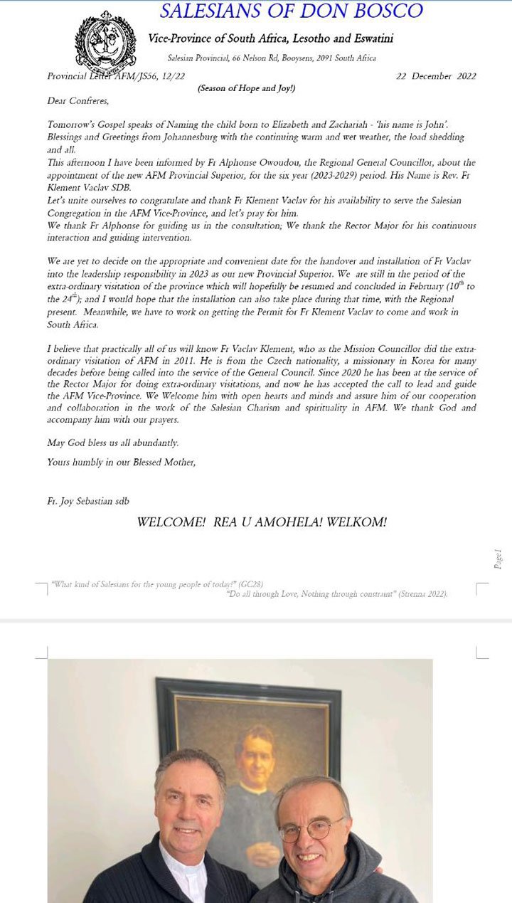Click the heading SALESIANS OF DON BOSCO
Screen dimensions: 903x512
[291, 11]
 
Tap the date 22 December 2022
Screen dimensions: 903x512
[436, 76]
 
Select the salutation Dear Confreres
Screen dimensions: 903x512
[73, 101]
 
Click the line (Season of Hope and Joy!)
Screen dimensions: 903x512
[246, 88]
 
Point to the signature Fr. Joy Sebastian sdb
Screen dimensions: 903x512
[89, 502]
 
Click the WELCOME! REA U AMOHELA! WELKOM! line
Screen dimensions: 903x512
[262, 522]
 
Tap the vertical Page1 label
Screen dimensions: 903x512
[498, 559]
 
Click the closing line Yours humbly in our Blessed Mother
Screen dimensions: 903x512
[121, 462]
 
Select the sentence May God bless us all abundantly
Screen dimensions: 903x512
[112, 443]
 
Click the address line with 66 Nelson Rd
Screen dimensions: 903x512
[272, 58]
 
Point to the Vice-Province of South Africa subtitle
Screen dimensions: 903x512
[271, 38]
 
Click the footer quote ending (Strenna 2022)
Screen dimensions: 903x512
[336, 593]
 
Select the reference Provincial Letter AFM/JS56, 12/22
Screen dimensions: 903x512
[116, 76]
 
